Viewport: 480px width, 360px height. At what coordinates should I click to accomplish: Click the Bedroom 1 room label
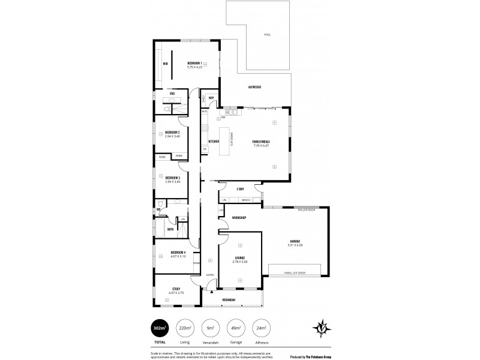tap(194, 64)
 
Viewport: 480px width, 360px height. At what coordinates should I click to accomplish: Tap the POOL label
tap(267, 35)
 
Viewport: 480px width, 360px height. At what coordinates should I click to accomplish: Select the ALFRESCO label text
tap(254, 88)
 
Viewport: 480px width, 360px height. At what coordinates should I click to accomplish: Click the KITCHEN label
tap(214, 142)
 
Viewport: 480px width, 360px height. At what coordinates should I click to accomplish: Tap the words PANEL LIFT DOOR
tap(294, 273)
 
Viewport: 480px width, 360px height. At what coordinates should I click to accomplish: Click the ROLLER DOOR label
tap(307, 209)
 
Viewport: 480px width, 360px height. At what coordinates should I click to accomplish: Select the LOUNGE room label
tap(240, 258)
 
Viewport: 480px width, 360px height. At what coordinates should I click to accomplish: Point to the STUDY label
tap(176, 289)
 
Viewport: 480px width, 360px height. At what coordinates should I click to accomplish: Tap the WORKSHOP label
tap(239, 217)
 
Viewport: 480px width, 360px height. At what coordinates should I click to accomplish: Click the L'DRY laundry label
tap(240, 190)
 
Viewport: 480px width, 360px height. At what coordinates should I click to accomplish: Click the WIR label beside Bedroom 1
tap(165, 64)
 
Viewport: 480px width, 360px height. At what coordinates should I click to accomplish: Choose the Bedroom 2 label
tap(173, 133)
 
